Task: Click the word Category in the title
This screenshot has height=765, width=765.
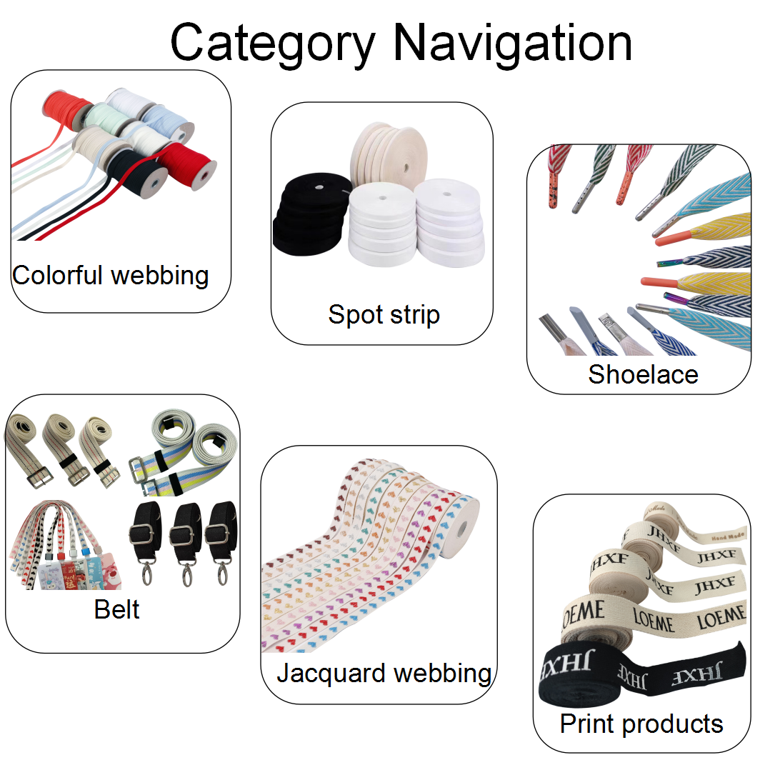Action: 271,43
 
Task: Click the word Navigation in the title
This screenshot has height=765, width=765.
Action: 512,43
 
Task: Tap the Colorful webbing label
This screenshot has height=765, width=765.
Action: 111,275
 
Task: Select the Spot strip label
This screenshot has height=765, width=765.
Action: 384,314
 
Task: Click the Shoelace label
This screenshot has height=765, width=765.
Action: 643,374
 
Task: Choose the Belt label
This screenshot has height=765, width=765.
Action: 116,609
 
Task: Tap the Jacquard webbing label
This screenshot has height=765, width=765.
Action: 384,673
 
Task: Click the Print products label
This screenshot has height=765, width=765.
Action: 641,724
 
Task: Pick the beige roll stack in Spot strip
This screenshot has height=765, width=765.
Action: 386,154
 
